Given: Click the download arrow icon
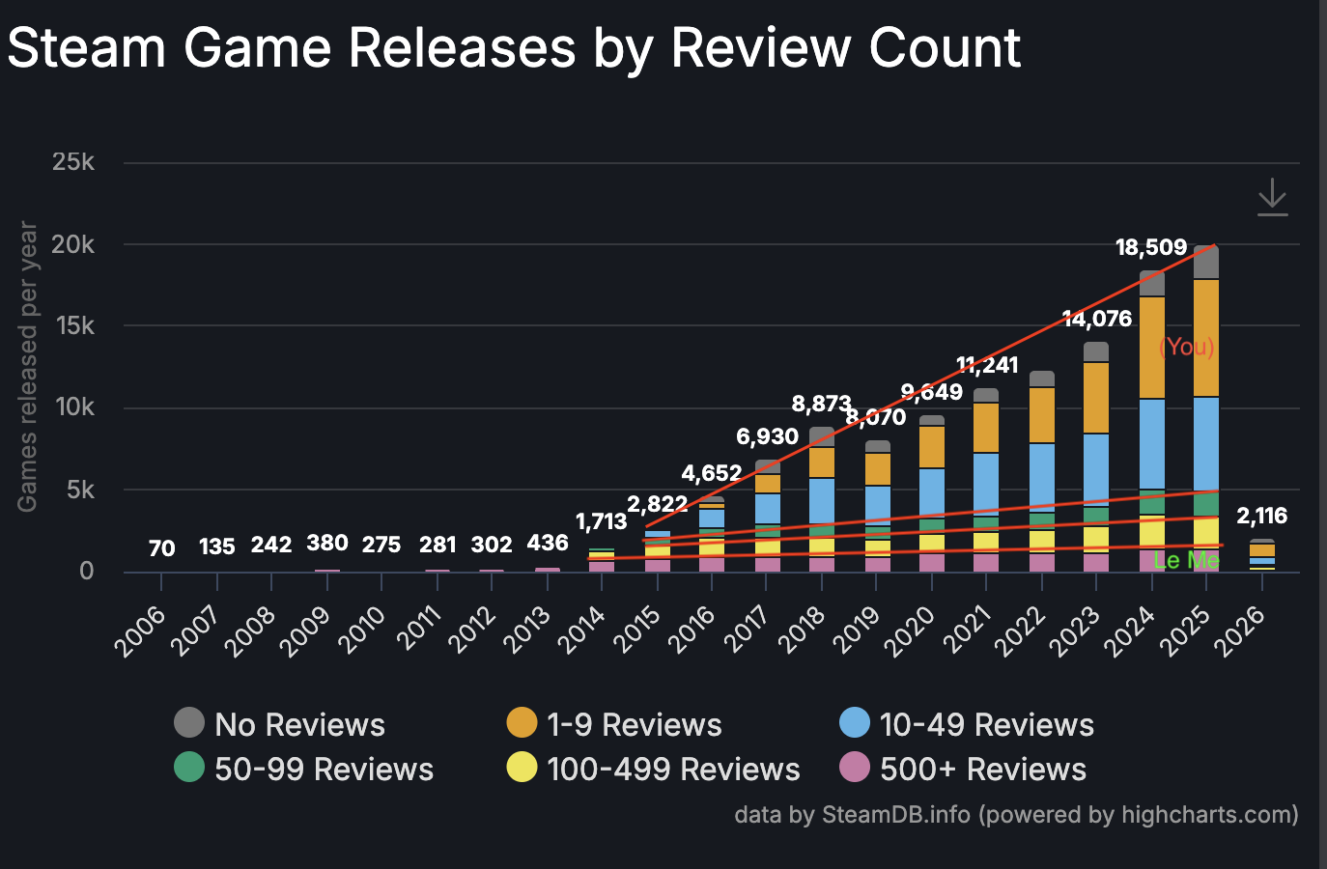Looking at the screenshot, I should pyautogui.click(x=1272, y=197).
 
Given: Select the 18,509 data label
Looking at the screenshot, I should pyautogui.click(x=1150, y=247).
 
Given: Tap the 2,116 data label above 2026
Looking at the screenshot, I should pyautogui.click(x=1261, y=516).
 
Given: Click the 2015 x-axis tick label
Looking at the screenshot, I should pyautogui.click(x=637, y=630).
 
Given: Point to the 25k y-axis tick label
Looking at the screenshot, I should pyautogui.click(x=73, y=161).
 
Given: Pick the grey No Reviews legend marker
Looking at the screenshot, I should pyautogui.click(x=189, y=722).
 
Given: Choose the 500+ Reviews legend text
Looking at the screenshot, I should pyautogui.click(x=982, y=770).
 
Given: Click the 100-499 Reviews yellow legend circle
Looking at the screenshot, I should pyautogui.click(x=522, y=768).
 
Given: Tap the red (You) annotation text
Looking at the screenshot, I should pyautogui.click(x=1186, y=347).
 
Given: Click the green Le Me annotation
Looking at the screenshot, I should pyautogui.click(x=1186, y=560).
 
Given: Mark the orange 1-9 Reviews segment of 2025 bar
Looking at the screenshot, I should pyautogui.click(x=1206, y=338).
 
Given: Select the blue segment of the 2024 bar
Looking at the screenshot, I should pyautogui.click(x=1151, y=444).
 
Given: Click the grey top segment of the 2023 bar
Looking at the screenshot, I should pyautogui.click(x=1096, y=351).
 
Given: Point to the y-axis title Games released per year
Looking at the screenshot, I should pyautogui.click(x=27, y=367).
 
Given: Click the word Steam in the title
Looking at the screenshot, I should pyautogui.click(x=87, y=48).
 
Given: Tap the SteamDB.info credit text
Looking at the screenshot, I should pyautogui.click(x=895, y=815).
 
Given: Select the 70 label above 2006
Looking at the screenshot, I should pyautogui.click(x=161, y=548).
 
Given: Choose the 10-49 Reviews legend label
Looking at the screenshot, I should pyautogui.click(x=986, y=725).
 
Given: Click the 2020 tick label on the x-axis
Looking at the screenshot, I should pyautogui.click(x=913, y=630).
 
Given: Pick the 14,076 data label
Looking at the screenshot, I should pyautogui.click(x=1096, y=319).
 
